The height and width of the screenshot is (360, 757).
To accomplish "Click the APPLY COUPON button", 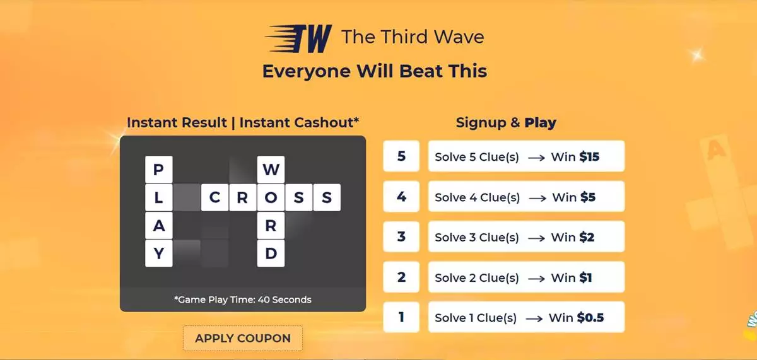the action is pos(243,338).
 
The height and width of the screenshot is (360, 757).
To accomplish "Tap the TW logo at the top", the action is pos(298,38).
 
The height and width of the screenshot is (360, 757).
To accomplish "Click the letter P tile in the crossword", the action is pos(158,169).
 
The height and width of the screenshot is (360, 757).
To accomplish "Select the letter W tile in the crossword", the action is pos(271,169).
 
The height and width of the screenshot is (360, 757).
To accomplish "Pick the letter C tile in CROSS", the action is pos(214,197).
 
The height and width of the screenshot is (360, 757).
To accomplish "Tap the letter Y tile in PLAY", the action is pos(158,253).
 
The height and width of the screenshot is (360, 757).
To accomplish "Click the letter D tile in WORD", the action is pos(271,253).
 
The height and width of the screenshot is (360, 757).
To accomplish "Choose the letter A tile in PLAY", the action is pos(158,225).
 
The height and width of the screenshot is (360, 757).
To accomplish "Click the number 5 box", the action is pos(401,156).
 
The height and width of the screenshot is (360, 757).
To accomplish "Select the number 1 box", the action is pos(401,317).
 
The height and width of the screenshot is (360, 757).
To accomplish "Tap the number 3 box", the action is pos(401,236).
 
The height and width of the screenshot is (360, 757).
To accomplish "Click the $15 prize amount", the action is pos(589,157).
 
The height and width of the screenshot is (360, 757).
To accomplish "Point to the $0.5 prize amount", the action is pos(590,318).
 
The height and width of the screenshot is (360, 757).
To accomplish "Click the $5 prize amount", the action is pos(588,197).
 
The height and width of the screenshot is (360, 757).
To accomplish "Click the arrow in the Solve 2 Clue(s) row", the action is pos(536,279).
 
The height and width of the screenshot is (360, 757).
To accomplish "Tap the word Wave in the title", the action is pos(459,37).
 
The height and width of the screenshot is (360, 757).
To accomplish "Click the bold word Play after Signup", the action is pos(540,123).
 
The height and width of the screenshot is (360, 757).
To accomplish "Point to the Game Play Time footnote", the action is pos(243,299).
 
